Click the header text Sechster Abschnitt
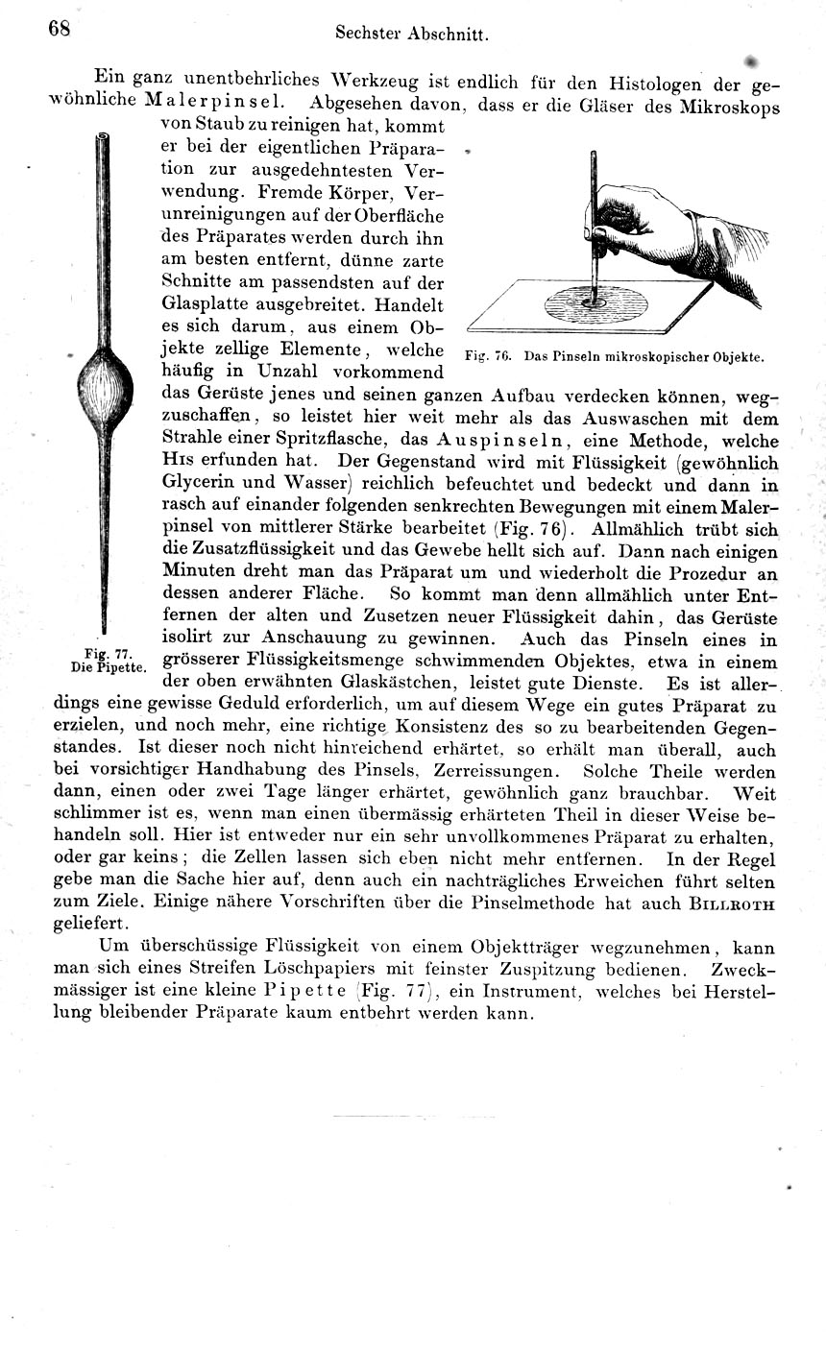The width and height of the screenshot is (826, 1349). tap(413, 33)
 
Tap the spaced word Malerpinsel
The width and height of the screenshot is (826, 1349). tap(212, 102)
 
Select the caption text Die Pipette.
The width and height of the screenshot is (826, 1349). tap(108, 665)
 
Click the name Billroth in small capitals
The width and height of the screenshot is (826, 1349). tap(733, 903)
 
